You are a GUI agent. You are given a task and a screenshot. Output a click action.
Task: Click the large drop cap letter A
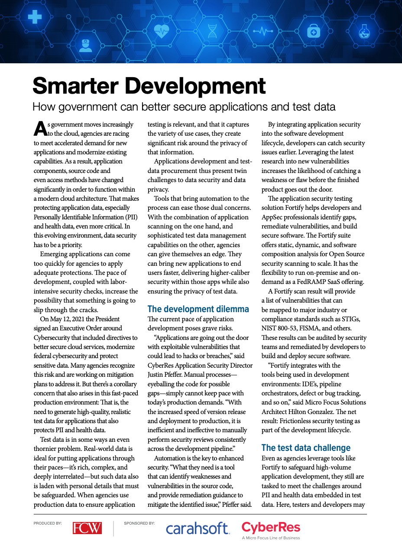40,128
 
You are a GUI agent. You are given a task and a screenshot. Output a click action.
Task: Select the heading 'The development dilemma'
198,309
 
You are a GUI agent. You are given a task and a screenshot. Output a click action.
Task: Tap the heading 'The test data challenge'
306,448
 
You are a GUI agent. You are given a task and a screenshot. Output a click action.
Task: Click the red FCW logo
87,528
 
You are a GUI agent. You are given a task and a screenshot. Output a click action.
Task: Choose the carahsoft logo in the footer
197,528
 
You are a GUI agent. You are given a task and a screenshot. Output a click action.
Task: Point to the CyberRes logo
271,527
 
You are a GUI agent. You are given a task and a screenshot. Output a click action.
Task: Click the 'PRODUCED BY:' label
48,524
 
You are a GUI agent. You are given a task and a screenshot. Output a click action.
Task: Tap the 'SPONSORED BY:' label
139,524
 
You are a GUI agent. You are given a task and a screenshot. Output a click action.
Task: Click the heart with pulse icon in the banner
162,31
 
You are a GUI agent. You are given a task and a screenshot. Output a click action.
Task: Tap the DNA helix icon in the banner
212,31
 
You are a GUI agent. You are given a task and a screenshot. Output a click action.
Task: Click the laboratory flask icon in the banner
364,31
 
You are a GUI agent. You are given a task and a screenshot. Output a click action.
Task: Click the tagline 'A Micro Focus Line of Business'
271,538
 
